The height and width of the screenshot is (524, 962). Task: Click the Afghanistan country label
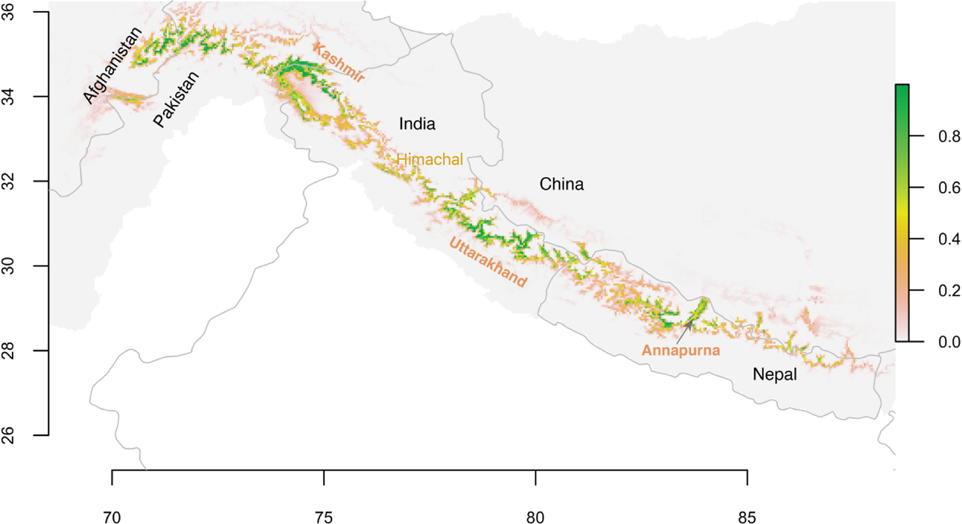click(112, 65)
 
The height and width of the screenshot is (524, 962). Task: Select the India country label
click(417, 124)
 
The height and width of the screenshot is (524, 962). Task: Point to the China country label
click(561, 184)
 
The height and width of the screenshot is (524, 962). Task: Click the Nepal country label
click(774, 375)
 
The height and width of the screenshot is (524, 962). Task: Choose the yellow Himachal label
click(430, 159)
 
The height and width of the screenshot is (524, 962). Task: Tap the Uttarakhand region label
click(488, 263)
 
